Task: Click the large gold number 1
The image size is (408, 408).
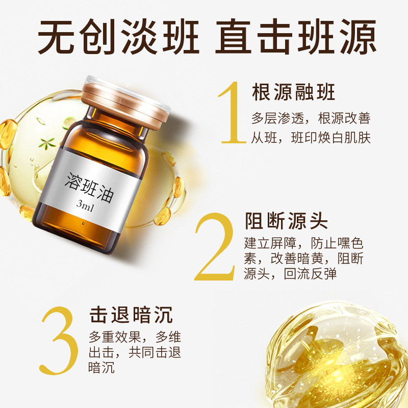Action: [x=233, y=113]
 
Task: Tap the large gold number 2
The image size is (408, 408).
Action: [x=215, y=247]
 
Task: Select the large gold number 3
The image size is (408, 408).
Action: [x=59, y=341]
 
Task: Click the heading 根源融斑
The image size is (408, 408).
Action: [x=293, y=92]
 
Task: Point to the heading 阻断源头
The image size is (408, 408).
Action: [x=286, y=221]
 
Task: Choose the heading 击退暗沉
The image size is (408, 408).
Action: [x=131, y=315]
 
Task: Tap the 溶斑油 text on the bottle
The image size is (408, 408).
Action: [x=89, y=187]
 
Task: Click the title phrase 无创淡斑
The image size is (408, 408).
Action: [x=118, y=37]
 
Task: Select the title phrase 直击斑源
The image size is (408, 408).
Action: [x=296, y=37]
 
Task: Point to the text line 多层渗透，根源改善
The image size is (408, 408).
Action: [x=311, y=118]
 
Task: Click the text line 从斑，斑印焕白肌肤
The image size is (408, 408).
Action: [x=311, y=138]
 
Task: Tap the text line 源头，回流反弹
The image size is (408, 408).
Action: [x=290, y=274]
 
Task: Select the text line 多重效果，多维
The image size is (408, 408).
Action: [x=135, y=337]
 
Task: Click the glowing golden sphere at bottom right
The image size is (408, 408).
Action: [x=336, y=355]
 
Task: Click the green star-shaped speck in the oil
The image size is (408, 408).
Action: [x=46, y=143]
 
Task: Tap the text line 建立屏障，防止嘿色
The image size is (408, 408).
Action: [x=303, y=243]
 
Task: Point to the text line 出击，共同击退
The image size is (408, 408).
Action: [x=135, y=352]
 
